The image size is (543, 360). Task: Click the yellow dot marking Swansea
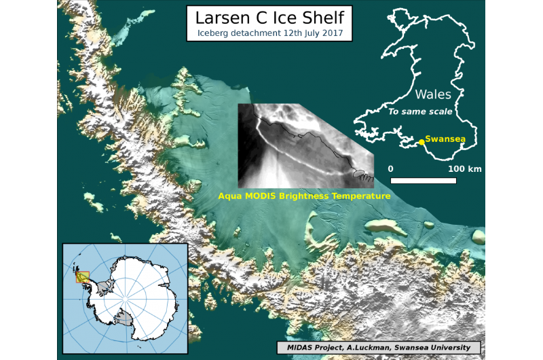point(422,141)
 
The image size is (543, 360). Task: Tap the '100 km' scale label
point(465,168)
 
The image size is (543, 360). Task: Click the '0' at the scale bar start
point(390,168)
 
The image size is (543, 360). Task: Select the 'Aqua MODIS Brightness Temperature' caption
point(304,196)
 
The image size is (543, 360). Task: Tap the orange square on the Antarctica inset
point(82,276)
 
